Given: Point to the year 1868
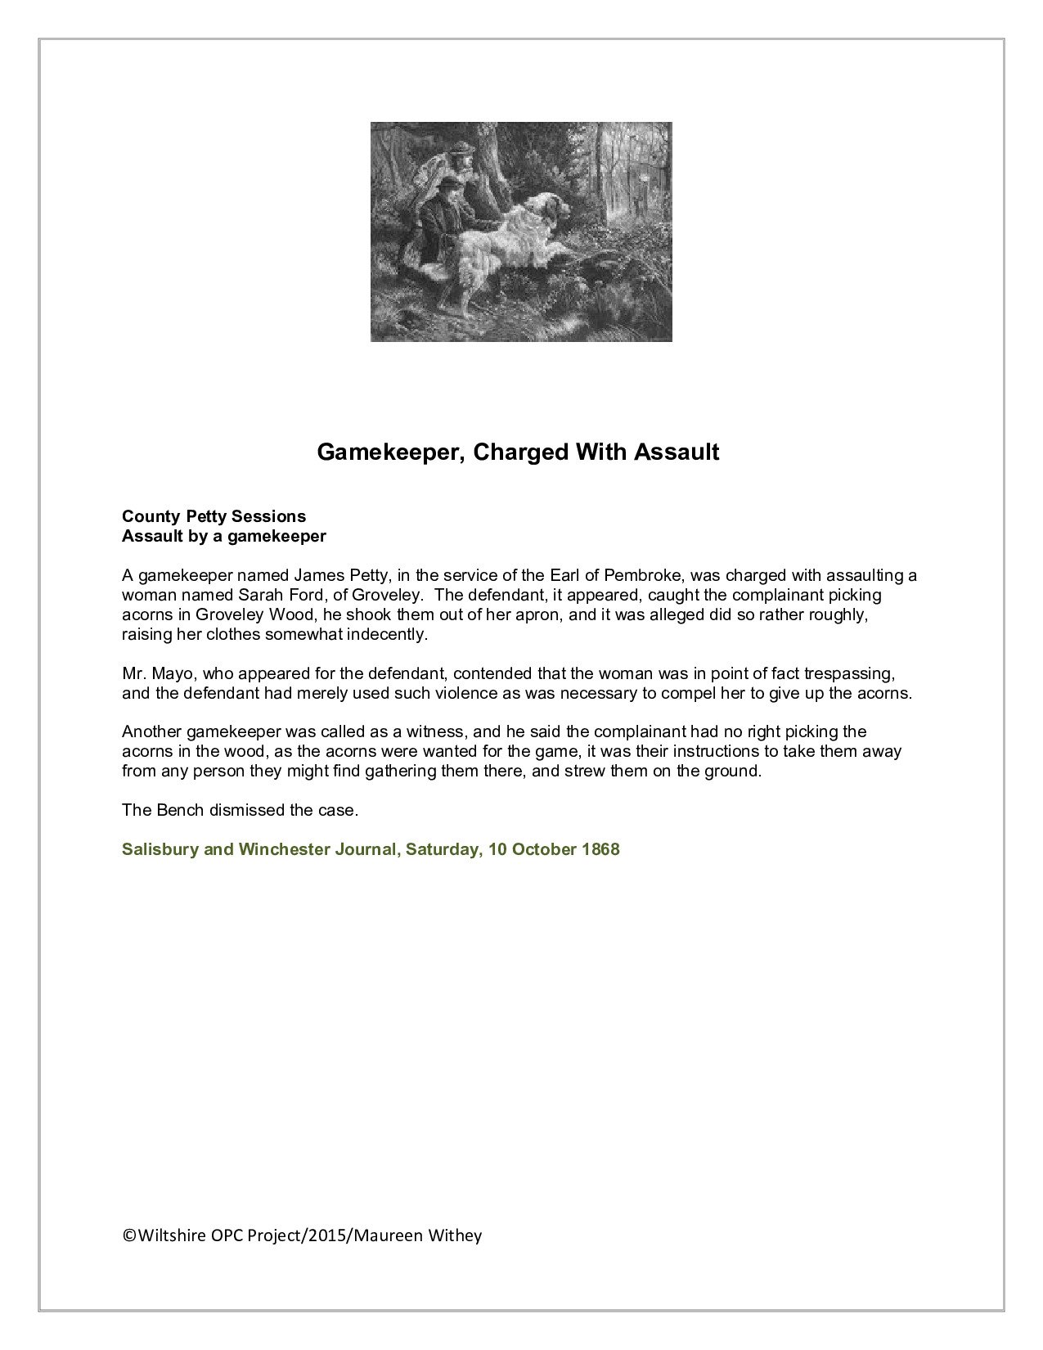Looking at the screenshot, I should pos(600,849).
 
